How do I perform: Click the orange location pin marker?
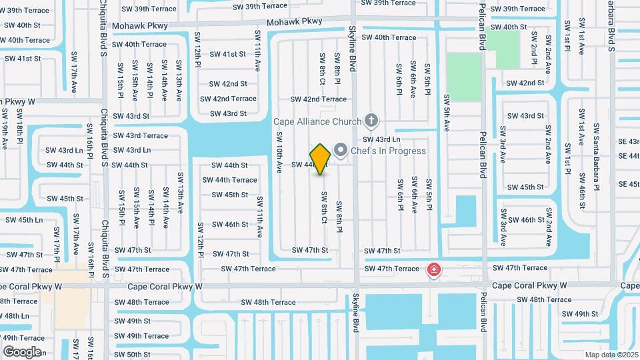click(x=321, y=159)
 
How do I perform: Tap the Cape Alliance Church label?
click(x=317, y=121)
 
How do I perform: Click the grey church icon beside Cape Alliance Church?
click(x=372, y=121)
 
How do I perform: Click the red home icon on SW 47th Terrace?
click(x=433, y=269)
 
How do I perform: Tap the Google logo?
click(x=22, y=352)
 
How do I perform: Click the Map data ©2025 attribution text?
click(x=611, y=355)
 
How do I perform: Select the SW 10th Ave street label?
click(x=279, y=151)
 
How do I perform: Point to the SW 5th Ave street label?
click(x=447, y=113)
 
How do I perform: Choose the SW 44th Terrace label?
click(x=230, y=180)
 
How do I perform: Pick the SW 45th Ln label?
click(x=21, y=220)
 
